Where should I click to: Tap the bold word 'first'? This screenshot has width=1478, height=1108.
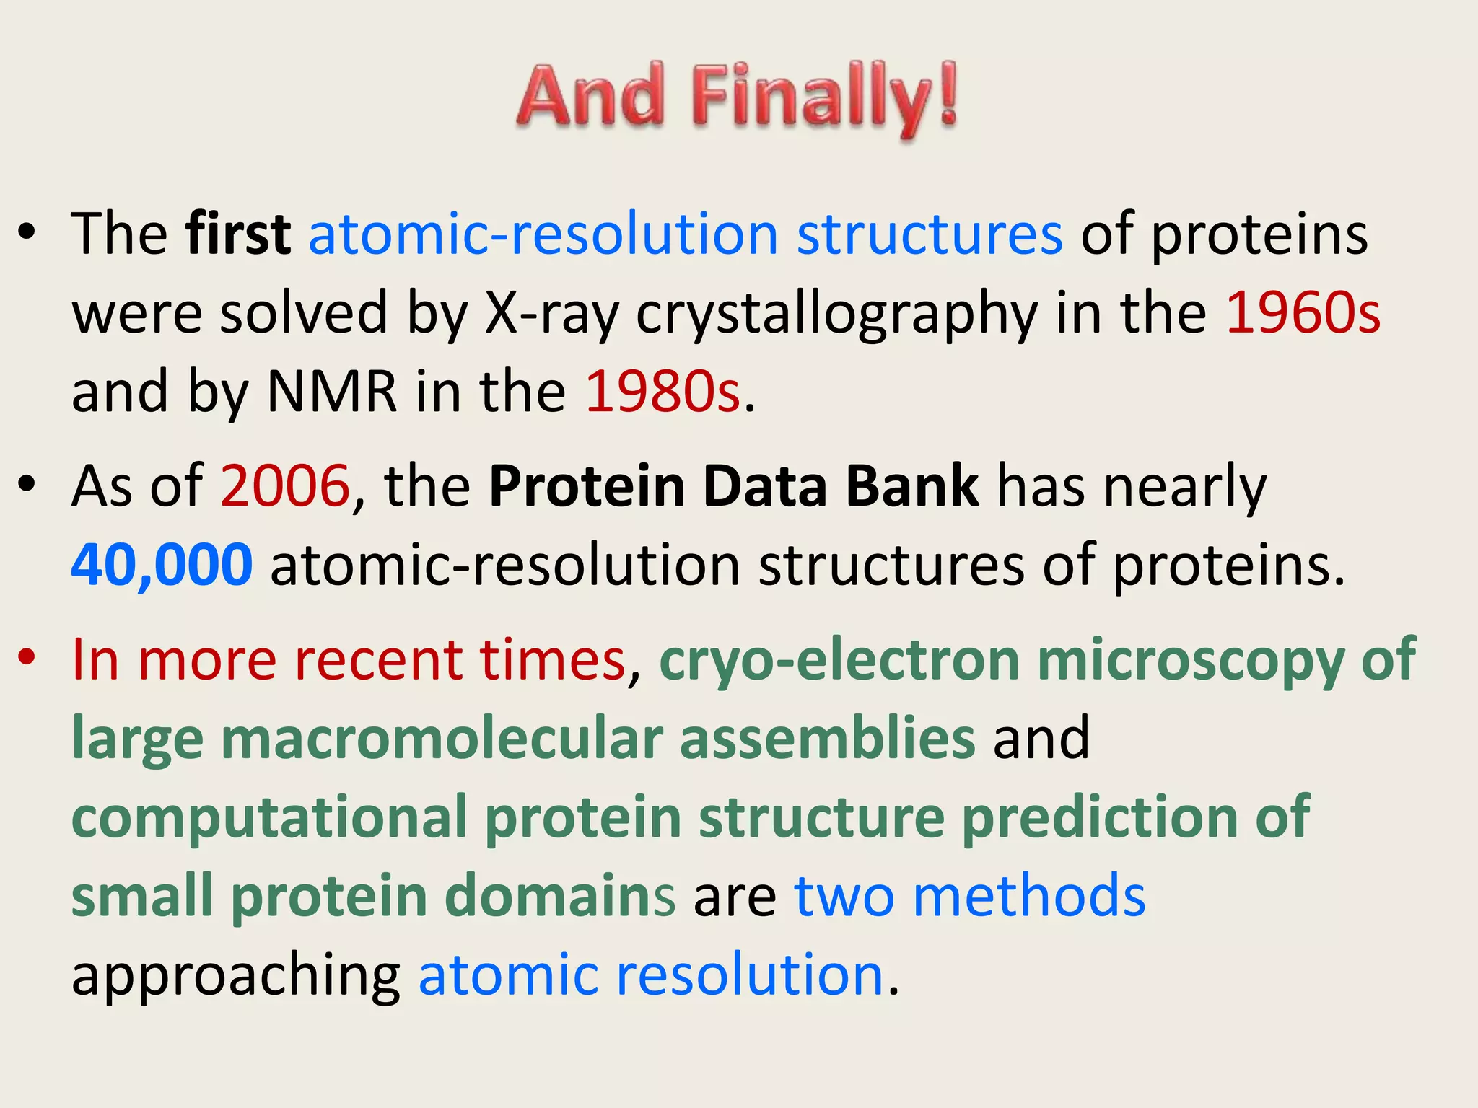(x=237, y=234)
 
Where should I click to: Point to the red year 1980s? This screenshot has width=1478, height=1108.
(x=663, y=391)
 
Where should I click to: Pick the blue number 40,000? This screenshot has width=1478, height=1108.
(x=162, y=565)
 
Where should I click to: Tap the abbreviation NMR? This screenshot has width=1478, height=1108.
(x=332, y=391)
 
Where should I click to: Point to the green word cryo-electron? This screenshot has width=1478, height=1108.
(x=839, y=660)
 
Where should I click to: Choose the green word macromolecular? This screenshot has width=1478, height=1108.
(x=441, y=738)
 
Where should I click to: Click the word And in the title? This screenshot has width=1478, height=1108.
(x=590, y=96)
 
